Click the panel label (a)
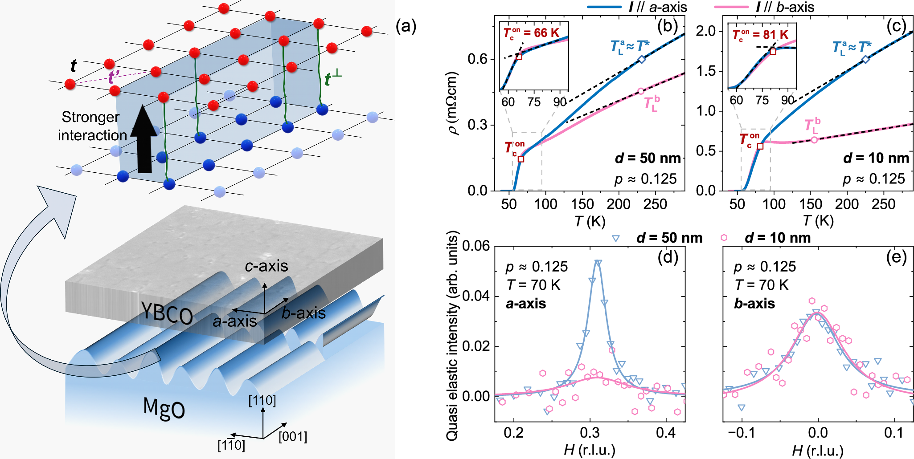(406, 27)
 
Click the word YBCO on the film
(167, 313)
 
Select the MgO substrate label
(164, 407)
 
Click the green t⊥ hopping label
(333, 79)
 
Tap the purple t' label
(114, 77)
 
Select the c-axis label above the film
(266, 266)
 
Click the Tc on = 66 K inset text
(531, 33)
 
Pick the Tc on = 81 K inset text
(760, 35)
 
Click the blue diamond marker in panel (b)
(642, 59)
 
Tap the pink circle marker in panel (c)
(814, 140)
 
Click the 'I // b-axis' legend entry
(784, 7)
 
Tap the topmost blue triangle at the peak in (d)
(598, 263)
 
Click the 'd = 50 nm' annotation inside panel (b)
(648, 158)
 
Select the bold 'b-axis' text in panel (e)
(754, 304)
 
